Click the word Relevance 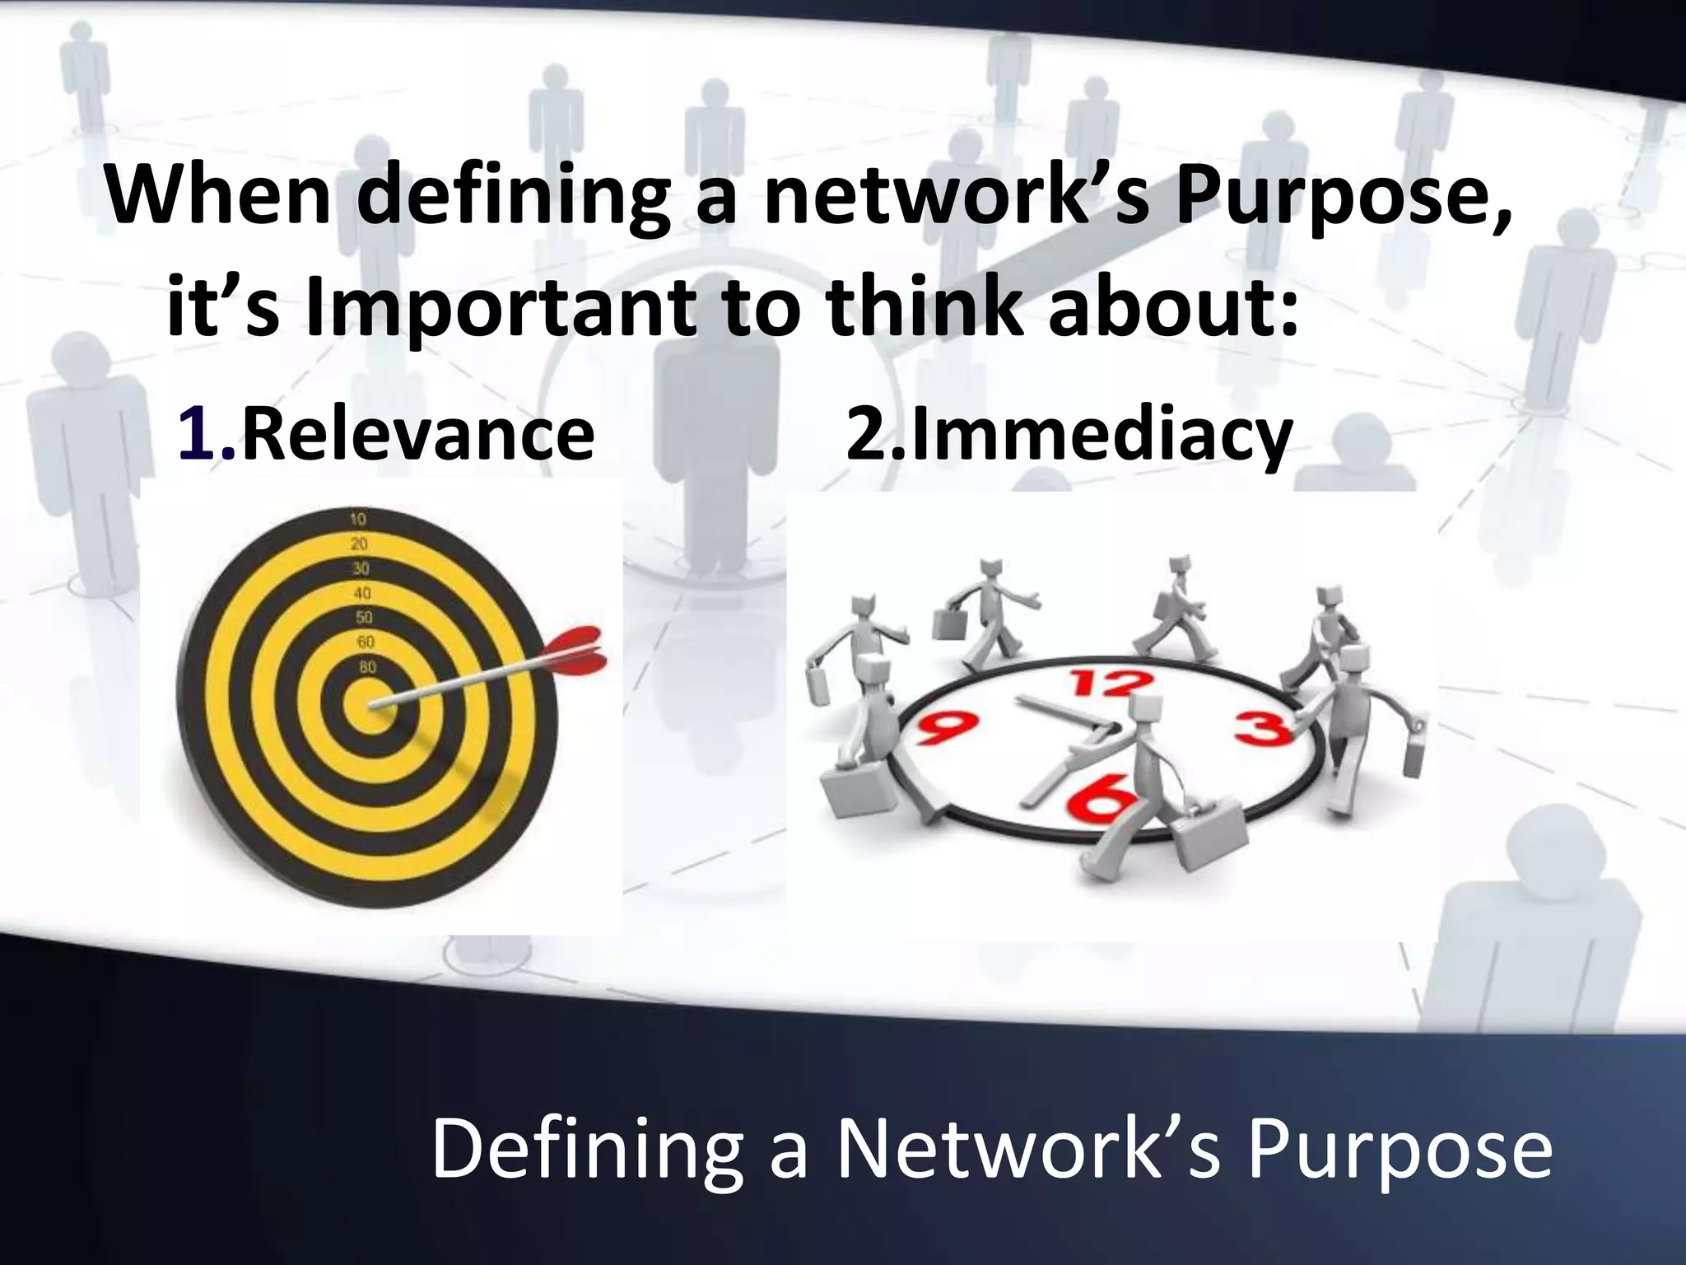tap(418, 436)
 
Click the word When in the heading tap(218, 198)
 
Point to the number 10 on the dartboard tap(358, 519)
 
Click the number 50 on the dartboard tap(363, 617)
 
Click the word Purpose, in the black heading tap(1343, 202)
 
